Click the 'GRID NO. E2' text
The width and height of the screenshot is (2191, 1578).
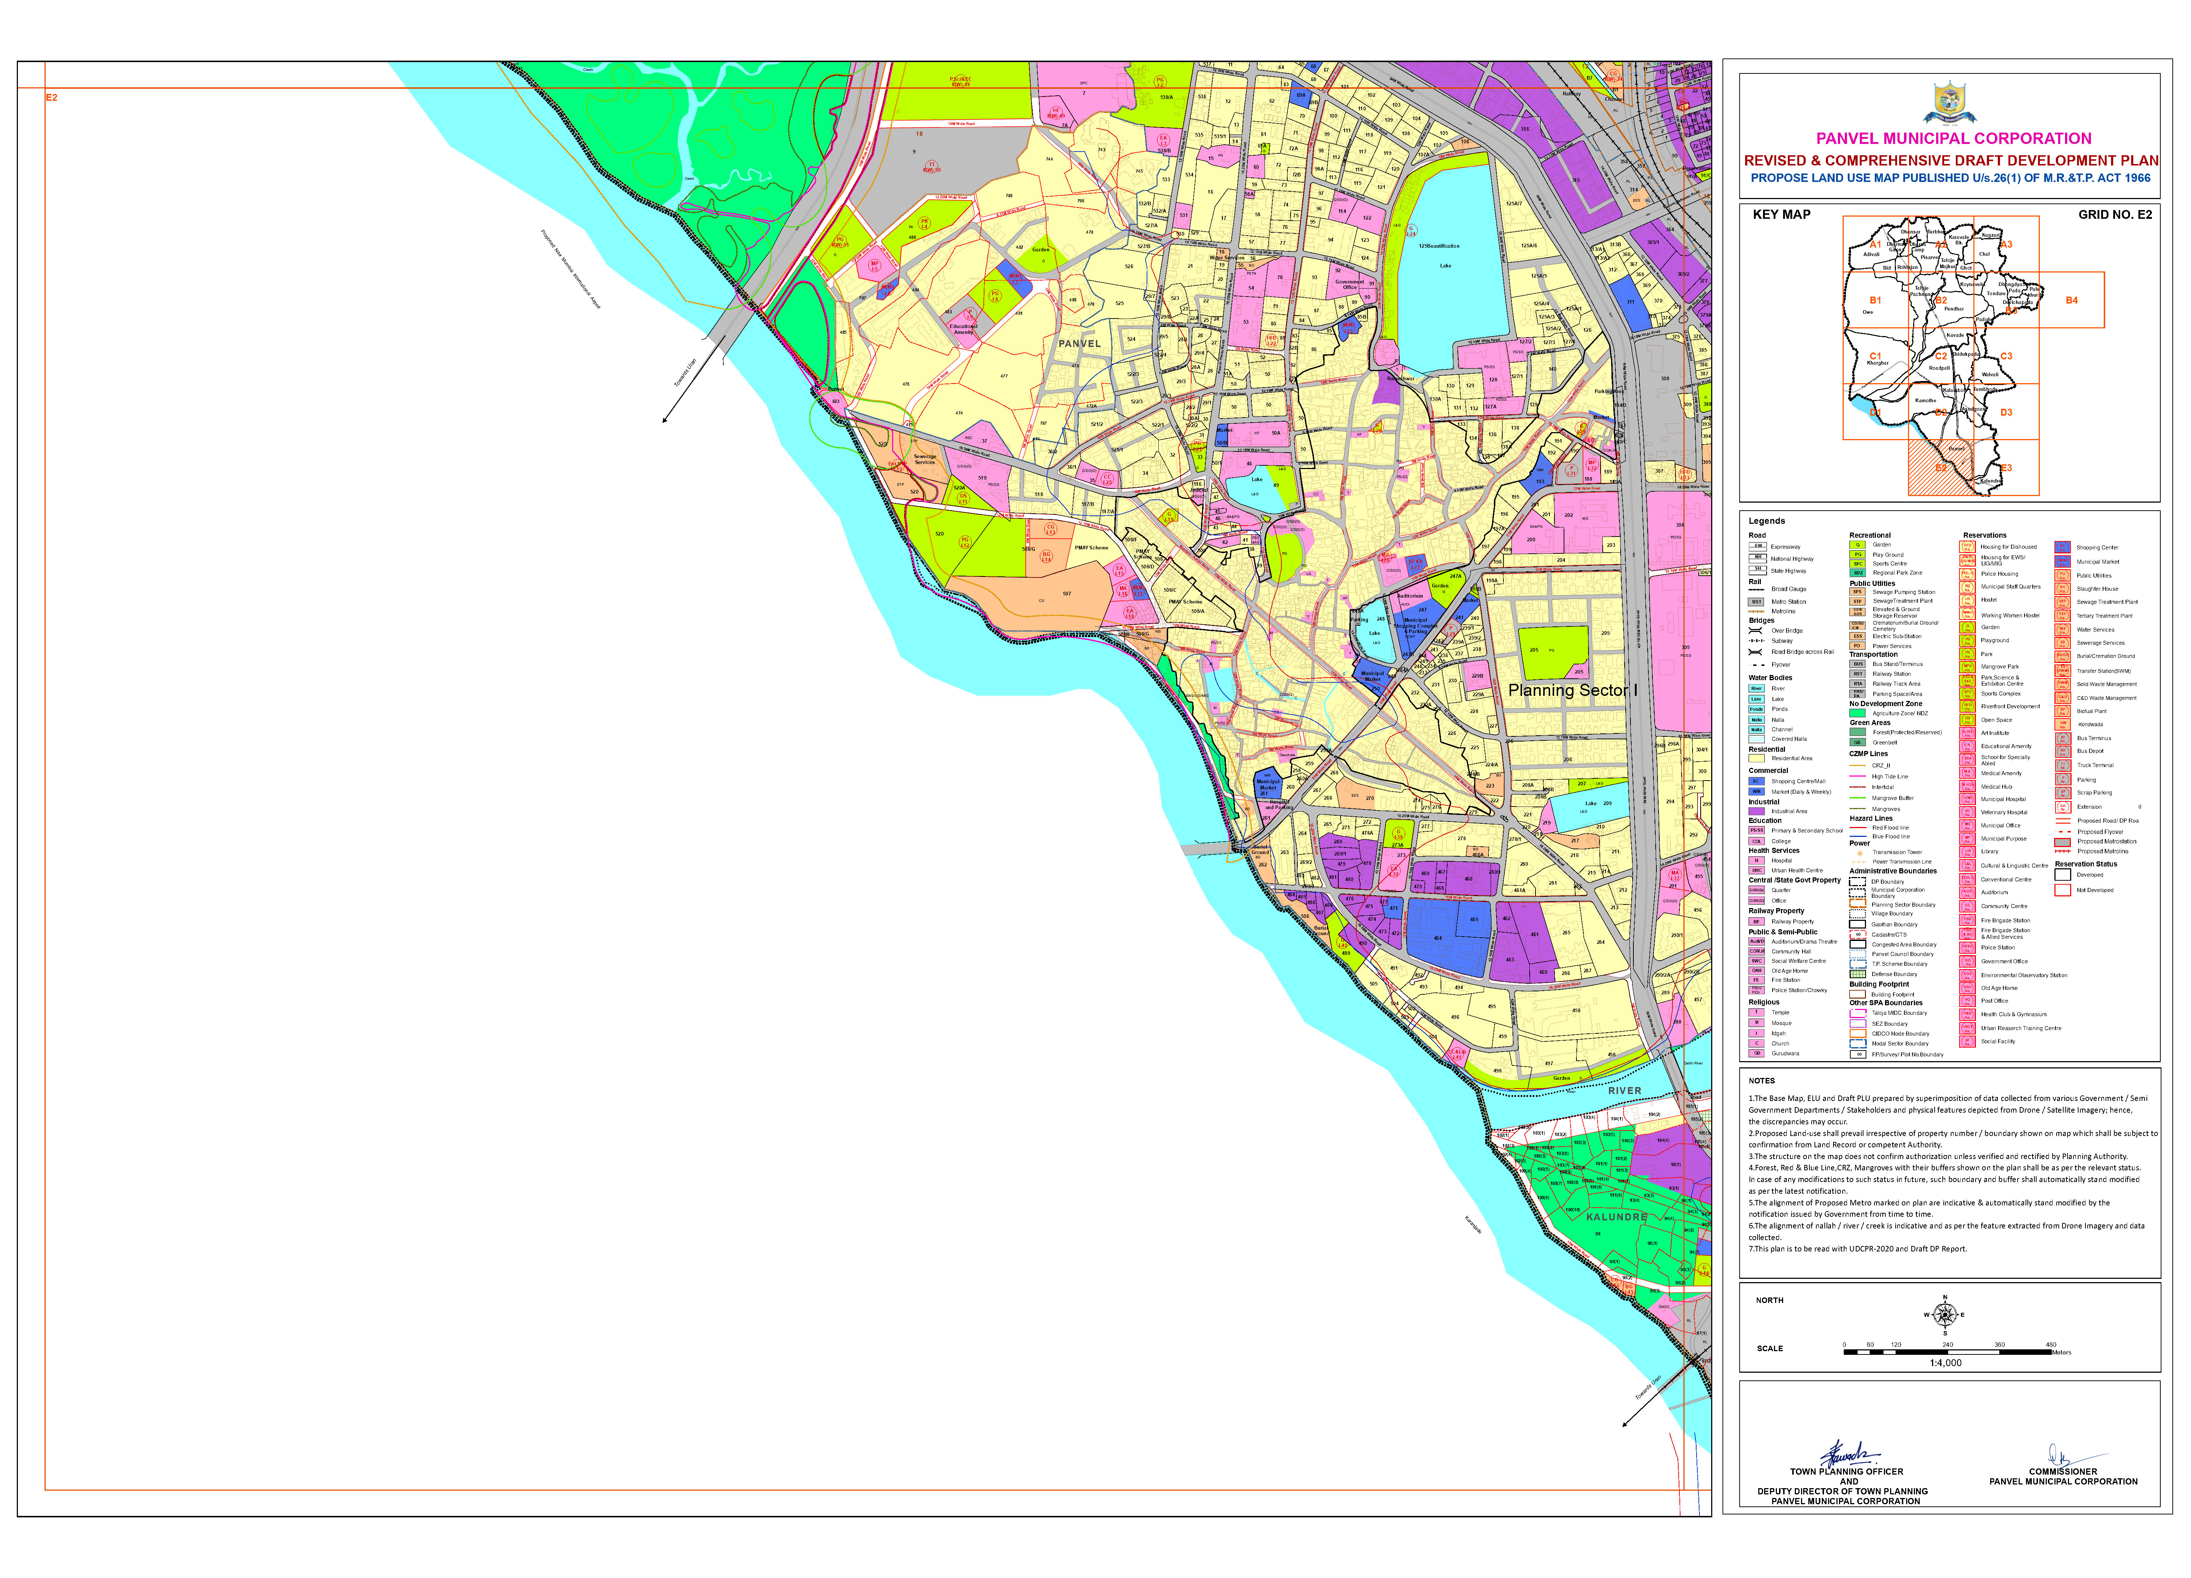coord(2115,214)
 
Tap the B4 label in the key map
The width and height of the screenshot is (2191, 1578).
coord(2071,301)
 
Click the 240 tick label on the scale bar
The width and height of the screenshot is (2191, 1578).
coord(1947,1344)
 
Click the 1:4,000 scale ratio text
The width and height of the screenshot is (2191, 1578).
coord(1946,1362)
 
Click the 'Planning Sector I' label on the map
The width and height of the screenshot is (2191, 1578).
coord(1573,690)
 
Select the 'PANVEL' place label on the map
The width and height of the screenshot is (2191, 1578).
coord(1079,343)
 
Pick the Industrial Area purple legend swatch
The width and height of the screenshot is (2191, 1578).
coord(1757,811)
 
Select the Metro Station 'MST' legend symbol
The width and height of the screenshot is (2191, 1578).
coord(1757,601)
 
